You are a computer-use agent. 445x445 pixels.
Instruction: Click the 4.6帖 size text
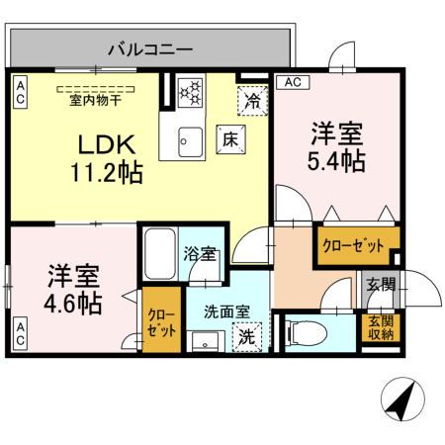tap(73, 302)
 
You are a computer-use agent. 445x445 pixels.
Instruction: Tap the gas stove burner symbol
tap(189, 93)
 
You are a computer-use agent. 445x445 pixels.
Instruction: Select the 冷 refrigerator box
tap(252, 100)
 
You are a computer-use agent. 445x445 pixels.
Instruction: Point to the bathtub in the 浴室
tap(159, 255)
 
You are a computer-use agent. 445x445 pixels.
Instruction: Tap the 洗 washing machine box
tap(246, 335)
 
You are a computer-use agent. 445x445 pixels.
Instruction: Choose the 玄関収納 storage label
tap(381, 327)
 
